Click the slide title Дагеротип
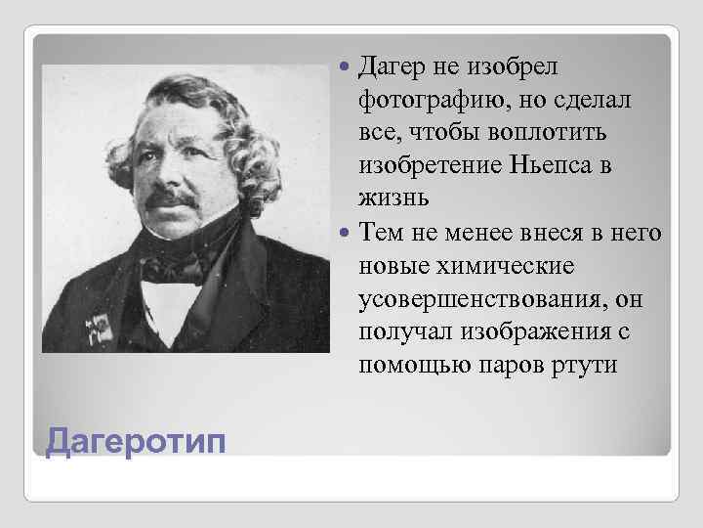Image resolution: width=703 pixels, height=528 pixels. point(135,441)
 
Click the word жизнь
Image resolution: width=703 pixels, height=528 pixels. point(393,198)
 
